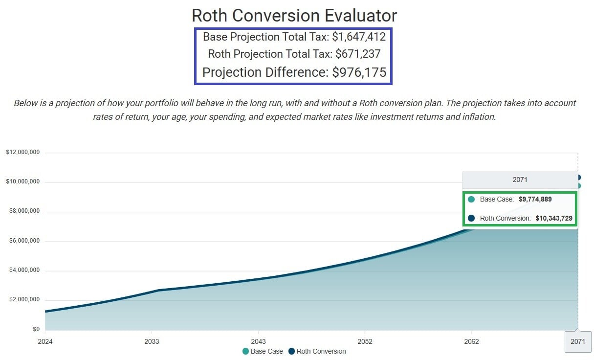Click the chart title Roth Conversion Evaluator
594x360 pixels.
click(294, 15)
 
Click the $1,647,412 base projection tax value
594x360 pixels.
click(359, 37)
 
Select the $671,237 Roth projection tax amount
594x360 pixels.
click(358, 54)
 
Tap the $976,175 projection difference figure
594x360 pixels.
click(359, 72)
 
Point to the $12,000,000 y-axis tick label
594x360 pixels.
click(22, 153)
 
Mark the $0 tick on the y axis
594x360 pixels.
click(36, 330)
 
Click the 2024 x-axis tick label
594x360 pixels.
click(44, 341)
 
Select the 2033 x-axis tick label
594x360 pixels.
click(152, 341)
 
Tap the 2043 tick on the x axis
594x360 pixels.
click(258, 341)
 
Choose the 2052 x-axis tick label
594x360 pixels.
click(365, 341)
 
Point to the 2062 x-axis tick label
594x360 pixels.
click(471, 341)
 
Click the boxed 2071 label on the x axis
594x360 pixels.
click(578, 342)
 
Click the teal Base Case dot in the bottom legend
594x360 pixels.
click(245, 351)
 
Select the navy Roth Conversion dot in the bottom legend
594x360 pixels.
click(291, 351)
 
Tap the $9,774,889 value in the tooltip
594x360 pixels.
click(535, 200)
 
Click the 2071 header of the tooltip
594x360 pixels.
click(520, 180)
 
